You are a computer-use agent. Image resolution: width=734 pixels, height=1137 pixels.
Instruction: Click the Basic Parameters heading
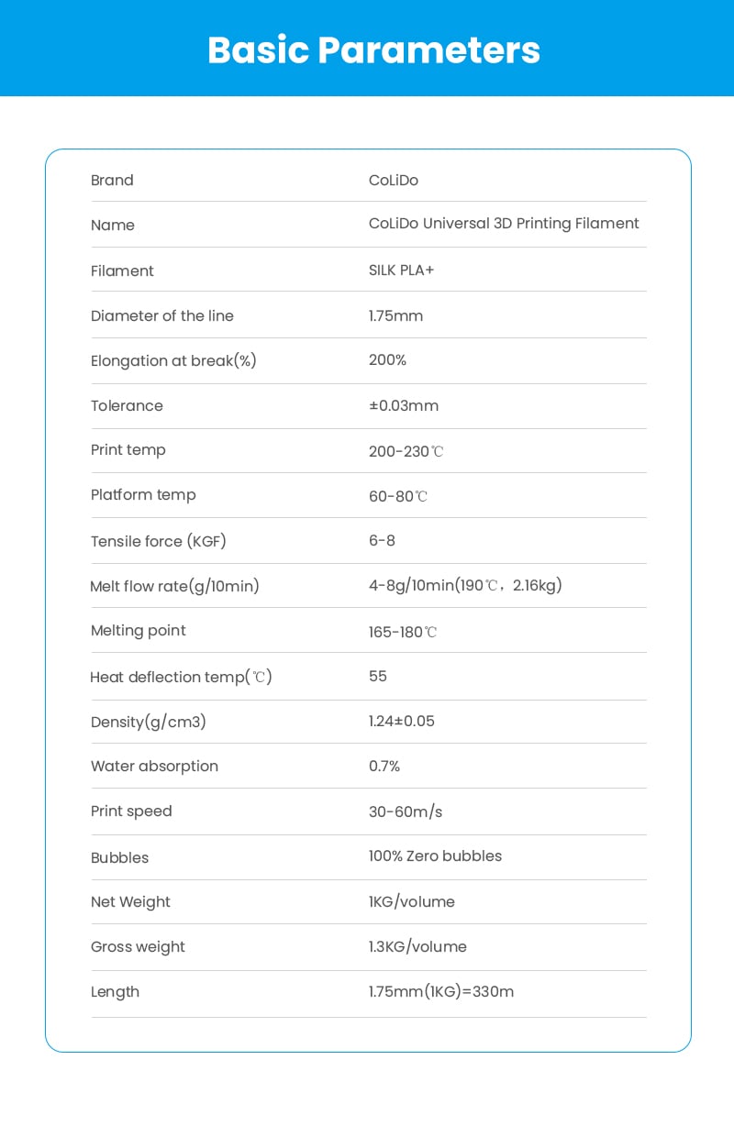373,50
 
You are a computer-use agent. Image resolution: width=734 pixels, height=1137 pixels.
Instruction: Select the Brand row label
112,181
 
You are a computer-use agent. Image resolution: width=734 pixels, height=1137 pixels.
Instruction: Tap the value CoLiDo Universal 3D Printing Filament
504,224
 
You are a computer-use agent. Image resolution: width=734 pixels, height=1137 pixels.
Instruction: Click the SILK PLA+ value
401,270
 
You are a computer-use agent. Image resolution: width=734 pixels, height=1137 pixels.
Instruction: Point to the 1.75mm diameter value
395,315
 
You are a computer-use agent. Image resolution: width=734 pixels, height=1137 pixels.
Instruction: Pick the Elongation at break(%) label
173,361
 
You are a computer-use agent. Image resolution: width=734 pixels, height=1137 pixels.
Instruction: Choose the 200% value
387,360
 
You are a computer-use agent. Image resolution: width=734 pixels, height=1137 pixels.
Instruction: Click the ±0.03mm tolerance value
403,405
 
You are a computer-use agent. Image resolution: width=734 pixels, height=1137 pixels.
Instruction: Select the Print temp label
128,450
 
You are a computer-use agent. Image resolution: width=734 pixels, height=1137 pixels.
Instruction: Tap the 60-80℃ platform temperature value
398,496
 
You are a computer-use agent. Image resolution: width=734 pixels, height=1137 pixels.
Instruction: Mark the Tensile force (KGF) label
158,541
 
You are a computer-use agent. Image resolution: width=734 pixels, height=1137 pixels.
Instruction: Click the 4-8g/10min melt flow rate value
465,585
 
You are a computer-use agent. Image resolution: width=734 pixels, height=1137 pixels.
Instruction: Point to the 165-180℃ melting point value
403,632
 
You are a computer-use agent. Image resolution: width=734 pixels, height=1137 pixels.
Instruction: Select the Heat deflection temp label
181,677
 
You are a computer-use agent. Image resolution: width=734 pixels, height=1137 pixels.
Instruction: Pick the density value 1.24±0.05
402,721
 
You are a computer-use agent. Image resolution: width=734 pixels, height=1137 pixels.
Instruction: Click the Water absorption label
154,766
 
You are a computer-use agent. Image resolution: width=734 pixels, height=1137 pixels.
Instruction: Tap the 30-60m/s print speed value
406,811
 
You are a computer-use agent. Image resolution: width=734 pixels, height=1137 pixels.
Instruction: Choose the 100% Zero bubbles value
435,856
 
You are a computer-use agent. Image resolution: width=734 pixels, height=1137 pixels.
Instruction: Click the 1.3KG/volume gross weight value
417,946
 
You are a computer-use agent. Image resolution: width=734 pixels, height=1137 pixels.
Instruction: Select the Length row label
115,991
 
